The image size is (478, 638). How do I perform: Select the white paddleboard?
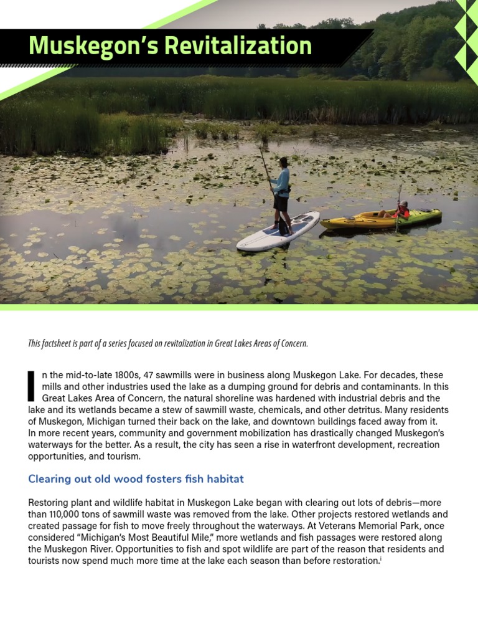(x=278, y=232)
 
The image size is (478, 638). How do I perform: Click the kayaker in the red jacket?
(x=401, y=211)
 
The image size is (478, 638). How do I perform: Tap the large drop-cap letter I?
(x=32, y=386)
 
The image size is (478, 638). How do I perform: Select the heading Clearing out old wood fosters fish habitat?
(x=136, y=479)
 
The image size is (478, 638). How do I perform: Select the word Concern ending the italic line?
(x=292, y=344)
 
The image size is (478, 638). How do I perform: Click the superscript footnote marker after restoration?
(x=380, y=558)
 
